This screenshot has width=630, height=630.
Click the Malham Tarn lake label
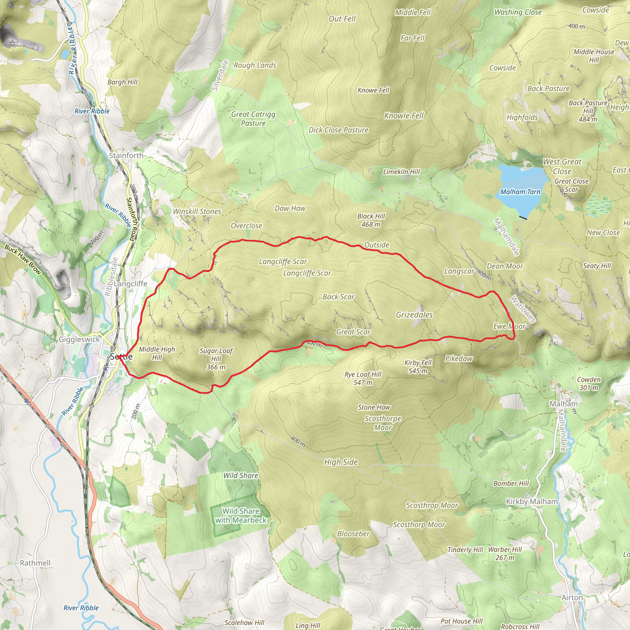[520, 192]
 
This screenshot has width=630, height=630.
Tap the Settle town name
[121, 357]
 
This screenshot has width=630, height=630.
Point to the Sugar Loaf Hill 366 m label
[216, 359]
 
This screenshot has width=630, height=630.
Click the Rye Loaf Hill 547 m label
[363, 378]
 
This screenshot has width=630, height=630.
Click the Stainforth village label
[126, 156]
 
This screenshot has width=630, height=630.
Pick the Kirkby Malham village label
[532, 501]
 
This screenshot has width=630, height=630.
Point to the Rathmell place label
[35, 563]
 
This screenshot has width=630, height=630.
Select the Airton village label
[572, 597]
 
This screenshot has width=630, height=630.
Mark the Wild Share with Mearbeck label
[241, 516]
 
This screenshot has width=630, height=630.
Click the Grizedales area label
[414, 315]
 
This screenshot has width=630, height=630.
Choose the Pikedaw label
[458, 359]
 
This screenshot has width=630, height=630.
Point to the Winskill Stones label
[197, 211]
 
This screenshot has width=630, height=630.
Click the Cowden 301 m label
[588, 384]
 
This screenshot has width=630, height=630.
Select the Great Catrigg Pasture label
[253, 119]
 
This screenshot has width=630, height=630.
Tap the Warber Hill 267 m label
[505, 553]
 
